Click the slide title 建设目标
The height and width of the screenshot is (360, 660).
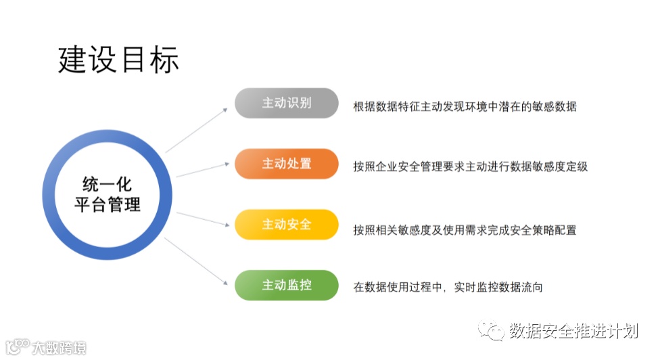coord(119,60)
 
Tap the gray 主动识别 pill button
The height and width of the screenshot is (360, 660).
coord(286,103)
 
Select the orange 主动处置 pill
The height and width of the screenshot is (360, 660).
coord(286,164)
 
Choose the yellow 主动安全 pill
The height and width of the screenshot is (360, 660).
coord(286,225)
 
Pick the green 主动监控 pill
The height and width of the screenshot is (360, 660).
coord(286,286)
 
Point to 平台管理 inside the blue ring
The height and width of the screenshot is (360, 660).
coord(107,204)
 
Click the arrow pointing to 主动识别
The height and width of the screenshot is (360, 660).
coord(197,129)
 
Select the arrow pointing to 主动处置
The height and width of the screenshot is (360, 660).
coord(202,169)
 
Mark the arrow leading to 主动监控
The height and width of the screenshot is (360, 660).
coord(197,261)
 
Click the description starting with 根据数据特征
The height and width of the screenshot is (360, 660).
coord(464,106)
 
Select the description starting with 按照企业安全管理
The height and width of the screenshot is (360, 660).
coord(470,166)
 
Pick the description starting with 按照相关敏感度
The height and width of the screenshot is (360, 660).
coord(464,230)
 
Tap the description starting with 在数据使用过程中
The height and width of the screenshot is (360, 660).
coord(447,288)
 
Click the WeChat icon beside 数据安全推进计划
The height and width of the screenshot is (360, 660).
coord(491,331)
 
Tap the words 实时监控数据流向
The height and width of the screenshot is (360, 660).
coord(498,288)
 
